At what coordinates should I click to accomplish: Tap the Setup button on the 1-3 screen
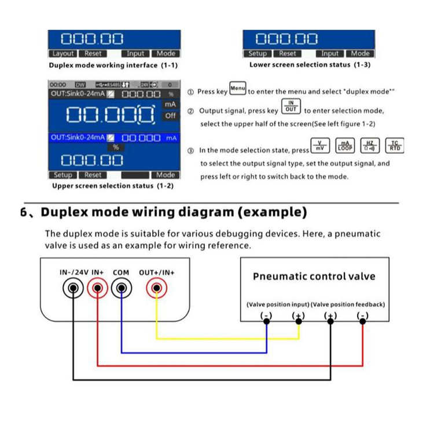[x=258, y=53]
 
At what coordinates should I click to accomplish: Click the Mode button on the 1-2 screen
[x=165, y=175]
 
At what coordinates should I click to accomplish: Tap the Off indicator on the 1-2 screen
[x=170, y=115]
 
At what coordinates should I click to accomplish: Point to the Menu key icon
[x=238, y=89]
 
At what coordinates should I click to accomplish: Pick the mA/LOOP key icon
[x=345, y=146]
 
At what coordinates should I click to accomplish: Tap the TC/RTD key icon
[x=395, y=146]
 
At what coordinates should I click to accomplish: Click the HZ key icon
[x=370, y=146]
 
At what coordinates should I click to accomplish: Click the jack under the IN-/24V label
[x=73, y=288]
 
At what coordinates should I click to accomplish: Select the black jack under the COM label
[x=121, y=288]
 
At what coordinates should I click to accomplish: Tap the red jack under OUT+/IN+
[x=156, y=288]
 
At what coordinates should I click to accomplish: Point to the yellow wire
[x=226, y=338]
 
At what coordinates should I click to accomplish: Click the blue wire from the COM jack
[x=191, y=352]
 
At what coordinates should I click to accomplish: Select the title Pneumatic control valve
[x=314, y=276]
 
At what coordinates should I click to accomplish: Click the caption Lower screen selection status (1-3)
[x=310, y=65]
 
